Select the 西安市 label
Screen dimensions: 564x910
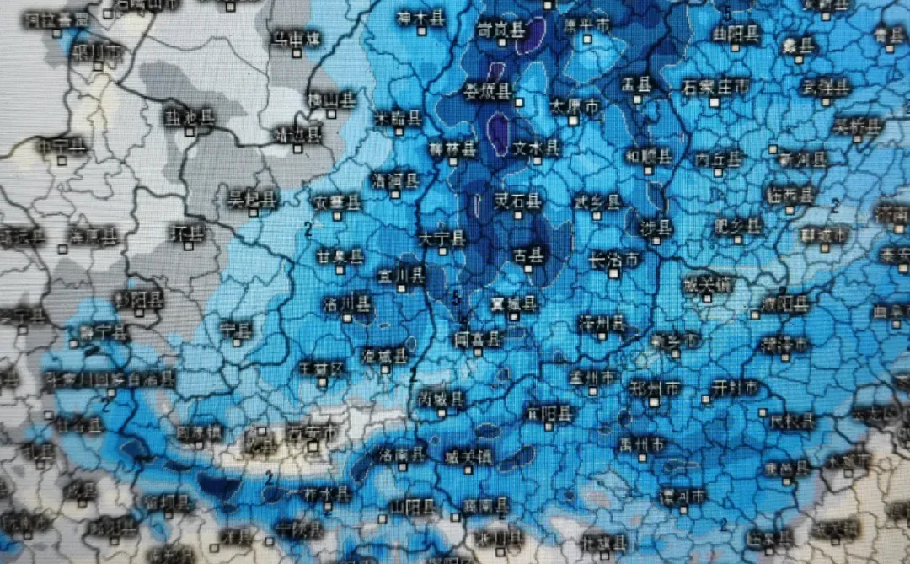(x=310, y=433)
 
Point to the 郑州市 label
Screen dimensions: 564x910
(x=655, y=388)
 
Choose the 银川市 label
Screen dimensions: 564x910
(x=97, y=52)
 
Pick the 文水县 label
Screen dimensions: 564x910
(x=537, y=148)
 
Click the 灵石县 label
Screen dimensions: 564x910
(x=517, y=201)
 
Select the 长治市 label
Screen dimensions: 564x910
(x=615, y=259)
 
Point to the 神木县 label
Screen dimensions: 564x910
(x=421, y=19)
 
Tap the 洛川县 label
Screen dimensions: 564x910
(x=346, y=302)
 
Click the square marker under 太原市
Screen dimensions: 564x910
(x=573, y=121)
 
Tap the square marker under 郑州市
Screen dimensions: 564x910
(x=652, y=402)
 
